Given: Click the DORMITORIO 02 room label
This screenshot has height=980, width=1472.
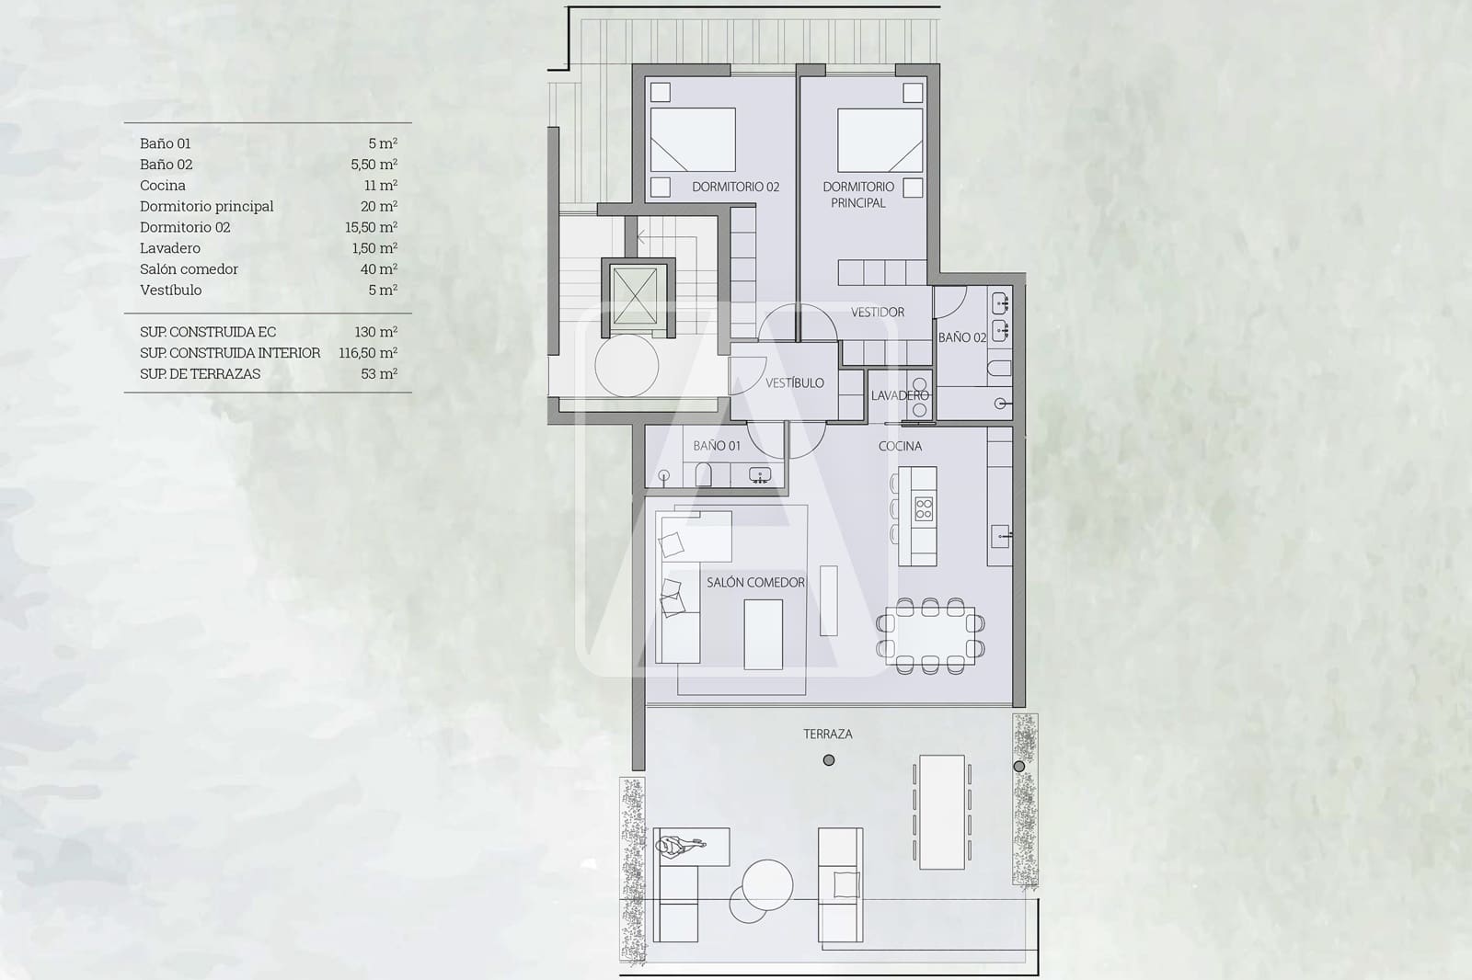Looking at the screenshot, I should [x=735, y=187].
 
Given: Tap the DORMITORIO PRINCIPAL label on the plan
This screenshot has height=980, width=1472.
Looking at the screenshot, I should [x=858, y=194].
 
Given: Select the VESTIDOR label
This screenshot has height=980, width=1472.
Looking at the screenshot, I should [x=877, y=313].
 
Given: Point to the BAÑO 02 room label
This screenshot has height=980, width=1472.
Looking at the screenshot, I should [x=961, y=337].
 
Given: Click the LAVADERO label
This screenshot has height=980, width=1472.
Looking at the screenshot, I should [x=900, y=395].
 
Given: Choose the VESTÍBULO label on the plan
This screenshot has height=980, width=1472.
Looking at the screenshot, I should [x=795, y=382].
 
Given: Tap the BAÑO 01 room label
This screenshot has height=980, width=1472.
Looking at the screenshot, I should [x=716, y=446].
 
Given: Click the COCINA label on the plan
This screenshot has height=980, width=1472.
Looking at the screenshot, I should [x=900, y=446].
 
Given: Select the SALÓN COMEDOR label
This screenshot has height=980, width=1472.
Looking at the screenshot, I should [x=755, y=582].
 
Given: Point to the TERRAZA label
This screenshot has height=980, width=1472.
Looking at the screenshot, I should [x=827, y=734].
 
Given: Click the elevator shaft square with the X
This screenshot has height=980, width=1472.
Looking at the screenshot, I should [x=634, y=296].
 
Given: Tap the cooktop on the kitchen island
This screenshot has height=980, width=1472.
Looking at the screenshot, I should [x=923, y=508].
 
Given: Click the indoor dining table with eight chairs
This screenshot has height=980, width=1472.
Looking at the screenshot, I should [x=930, y=632].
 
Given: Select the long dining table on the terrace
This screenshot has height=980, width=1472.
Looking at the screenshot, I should [x=941, y=812].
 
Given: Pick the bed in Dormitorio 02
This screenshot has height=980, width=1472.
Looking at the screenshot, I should [x=693, y=140].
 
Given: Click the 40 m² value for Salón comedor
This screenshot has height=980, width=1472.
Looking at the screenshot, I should [x=378, y=269].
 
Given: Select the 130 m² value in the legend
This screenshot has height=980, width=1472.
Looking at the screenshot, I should [x=375, y=332].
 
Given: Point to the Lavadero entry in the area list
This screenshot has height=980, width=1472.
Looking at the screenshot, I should [x=170, y=248].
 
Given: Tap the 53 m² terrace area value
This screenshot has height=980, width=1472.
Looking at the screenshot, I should [x=378, y=374].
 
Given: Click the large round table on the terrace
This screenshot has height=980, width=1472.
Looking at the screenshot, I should [x=767, y=883].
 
